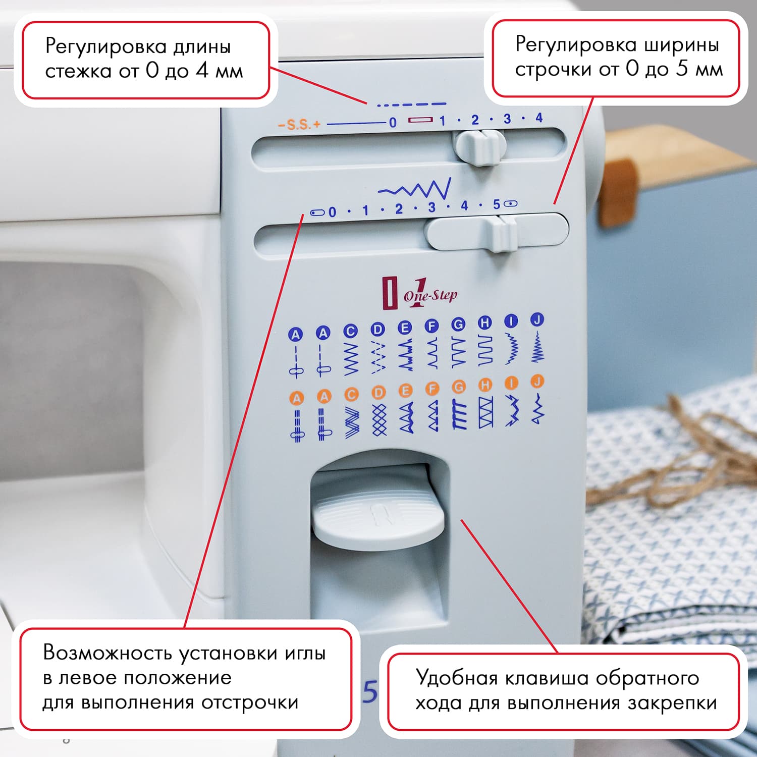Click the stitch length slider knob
479,147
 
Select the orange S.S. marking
299,124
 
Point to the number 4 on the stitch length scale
539,118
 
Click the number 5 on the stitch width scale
497,204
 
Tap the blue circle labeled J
537,319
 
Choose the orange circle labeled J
537,382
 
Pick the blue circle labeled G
458,325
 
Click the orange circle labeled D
378,392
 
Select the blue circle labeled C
350,331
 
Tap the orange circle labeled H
485,385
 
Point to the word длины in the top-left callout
202,47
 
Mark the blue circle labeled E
405,328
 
